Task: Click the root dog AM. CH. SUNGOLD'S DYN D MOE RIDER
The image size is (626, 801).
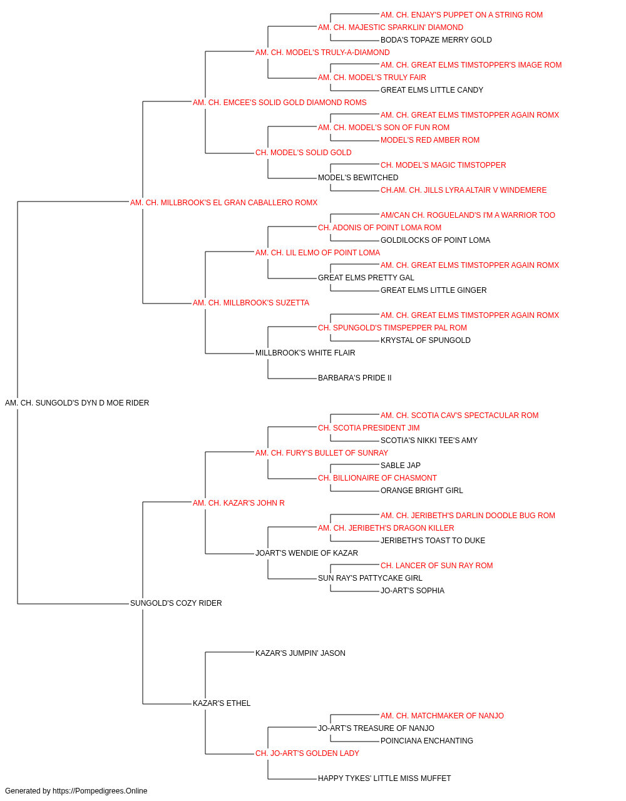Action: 77,403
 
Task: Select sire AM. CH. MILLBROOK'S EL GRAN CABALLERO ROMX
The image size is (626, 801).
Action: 223,203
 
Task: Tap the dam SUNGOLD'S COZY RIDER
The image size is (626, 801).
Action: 176,603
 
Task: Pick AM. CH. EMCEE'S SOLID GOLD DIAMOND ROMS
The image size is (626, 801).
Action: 279,103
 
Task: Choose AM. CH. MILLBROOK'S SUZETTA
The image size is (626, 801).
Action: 250,303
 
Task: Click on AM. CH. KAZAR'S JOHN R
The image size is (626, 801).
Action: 239,503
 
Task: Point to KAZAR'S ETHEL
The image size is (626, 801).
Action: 222,703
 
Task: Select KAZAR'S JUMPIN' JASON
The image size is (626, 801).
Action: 300,653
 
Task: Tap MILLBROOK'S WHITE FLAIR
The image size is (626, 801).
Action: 305,353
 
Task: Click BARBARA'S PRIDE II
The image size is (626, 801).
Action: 355,378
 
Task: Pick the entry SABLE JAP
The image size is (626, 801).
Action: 401,466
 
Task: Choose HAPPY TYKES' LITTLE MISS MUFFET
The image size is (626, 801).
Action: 384,778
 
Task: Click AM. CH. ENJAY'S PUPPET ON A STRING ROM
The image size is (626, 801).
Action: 461,15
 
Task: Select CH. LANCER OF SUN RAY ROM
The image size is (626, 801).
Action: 436,566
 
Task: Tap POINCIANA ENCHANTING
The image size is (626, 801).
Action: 426,741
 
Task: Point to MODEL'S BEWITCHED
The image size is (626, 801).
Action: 358,178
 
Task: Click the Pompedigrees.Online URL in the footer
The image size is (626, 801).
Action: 100,791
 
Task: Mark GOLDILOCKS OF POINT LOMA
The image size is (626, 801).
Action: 435,240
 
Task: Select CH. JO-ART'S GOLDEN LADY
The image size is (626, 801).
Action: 307,753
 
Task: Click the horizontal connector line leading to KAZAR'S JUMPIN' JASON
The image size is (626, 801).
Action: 230,653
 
